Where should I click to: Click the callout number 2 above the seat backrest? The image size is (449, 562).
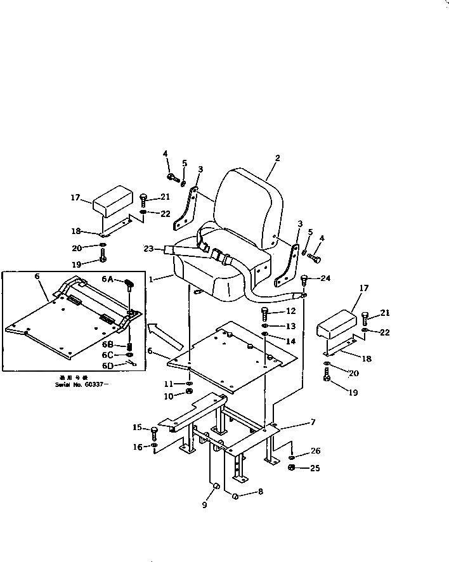point(277,158)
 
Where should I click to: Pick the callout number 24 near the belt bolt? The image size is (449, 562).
point(325,278)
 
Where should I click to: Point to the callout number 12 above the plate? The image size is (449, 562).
point(291,311)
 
